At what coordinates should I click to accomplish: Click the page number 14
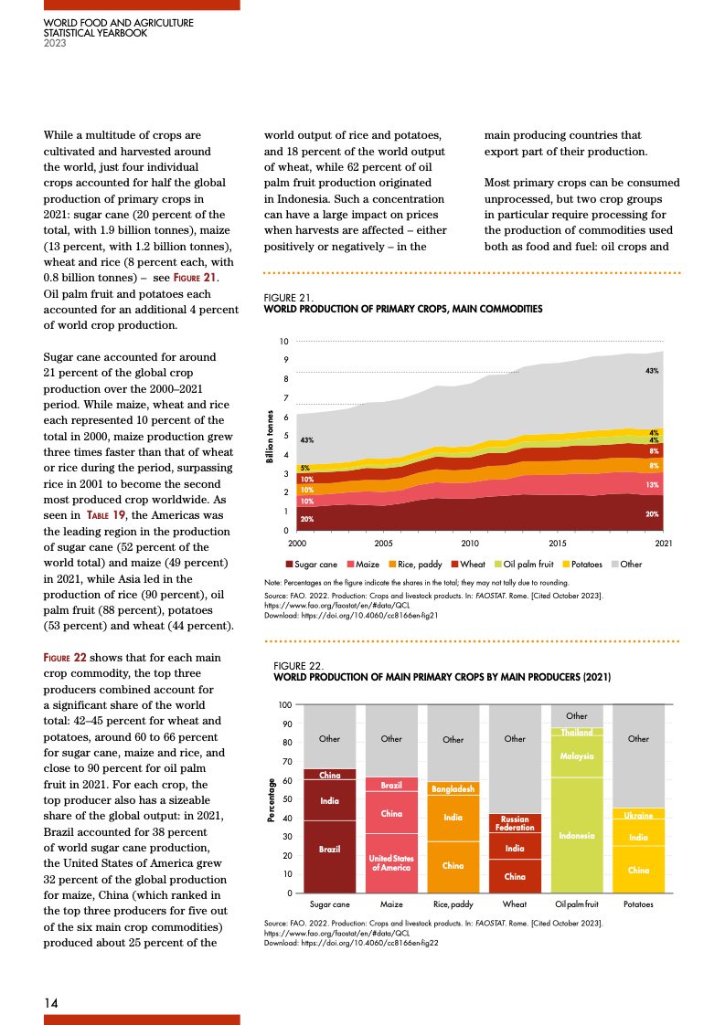coord(52,1003)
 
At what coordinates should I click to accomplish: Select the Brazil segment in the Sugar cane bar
coord(329,850)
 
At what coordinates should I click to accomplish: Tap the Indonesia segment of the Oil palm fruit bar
coord(577,835)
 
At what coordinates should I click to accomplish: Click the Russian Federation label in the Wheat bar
coord(515,823)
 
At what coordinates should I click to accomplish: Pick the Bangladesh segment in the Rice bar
coord(453,787)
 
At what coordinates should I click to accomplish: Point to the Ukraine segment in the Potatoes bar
coord(638,814)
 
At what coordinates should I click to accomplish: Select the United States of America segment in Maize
coord(390,862)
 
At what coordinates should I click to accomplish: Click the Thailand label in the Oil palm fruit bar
coord(577,732)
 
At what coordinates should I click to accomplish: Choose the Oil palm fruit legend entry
coord(525,565)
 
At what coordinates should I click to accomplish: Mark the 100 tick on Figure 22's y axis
coord(284,706)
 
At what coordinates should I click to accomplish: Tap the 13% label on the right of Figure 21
coord(653,485)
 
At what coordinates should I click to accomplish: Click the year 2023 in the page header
coord(55,41)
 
